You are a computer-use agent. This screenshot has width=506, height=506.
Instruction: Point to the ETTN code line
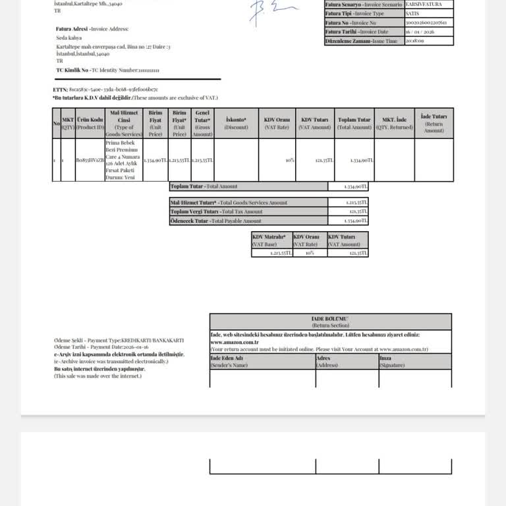105,90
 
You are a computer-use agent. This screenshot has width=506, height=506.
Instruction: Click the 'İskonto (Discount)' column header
236,123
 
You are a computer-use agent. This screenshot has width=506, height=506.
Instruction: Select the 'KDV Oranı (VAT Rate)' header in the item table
277,123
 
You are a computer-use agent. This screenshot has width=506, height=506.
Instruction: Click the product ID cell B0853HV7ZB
90,160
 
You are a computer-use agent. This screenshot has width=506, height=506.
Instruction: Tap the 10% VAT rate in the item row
290,160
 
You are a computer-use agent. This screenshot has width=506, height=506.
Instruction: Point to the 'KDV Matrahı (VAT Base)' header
270,240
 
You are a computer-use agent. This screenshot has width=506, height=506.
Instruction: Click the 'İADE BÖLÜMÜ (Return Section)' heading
331,322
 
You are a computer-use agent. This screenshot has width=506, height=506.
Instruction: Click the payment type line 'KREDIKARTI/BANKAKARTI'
119,341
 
